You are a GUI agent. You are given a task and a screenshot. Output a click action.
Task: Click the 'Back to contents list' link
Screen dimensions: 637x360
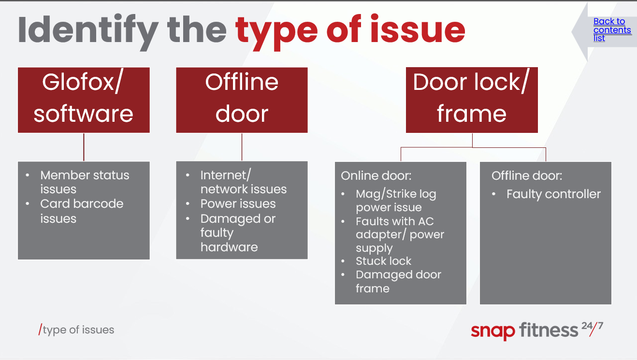[x=612, y=29]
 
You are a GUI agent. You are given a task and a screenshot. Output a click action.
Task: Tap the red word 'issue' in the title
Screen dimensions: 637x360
[x=418, y=29]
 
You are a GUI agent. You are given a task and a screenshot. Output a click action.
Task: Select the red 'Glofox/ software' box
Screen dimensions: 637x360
[x=84, y=100]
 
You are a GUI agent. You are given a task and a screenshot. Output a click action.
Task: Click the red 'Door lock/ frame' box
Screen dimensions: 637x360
[x=472, y=100]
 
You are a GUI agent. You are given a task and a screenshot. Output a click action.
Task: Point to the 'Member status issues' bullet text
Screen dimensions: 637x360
[x=85, y=182]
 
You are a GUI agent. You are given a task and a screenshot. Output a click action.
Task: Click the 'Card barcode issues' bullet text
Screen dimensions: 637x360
[x=82, y=211]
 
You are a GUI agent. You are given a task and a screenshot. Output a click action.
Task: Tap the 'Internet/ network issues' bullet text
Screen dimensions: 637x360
[x=244, y=182]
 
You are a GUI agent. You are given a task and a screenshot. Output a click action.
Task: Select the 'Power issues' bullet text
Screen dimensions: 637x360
[x=238, y=203]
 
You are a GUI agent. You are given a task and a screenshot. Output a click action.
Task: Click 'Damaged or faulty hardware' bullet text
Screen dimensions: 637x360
[x=238, y=232]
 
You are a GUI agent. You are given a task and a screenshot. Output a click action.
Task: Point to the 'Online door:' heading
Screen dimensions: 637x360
[x=376, y=176]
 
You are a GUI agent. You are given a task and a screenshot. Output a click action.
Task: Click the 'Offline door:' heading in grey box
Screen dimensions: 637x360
[x=527, y=176]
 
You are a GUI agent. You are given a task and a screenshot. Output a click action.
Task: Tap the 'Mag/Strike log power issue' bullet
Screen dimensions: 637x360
[x=396, y=201]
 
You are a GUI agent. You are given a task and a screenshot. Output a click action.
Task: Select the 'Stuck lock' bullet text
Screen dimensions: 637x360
[x=383, y=261]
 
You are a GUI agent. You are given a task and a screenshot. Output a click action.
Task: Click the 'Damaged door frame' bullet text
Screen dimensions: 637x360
[x=398, y=282]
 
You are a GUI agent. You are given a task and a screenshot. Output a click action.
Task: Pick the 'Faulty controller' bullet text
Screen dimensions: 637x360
[x=553, y=194]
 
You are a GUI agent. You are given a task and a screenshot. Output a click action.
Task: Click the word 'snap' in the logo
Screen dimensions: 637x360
[x=493, y=332]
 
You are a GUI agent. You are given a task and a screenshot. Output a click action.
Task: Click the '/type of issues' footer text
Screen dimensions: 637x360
[x=76, y=330]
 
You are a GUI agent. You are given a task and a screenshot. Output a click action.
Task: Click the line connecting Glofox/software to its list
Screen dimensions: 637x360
[x=84, y=147]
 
